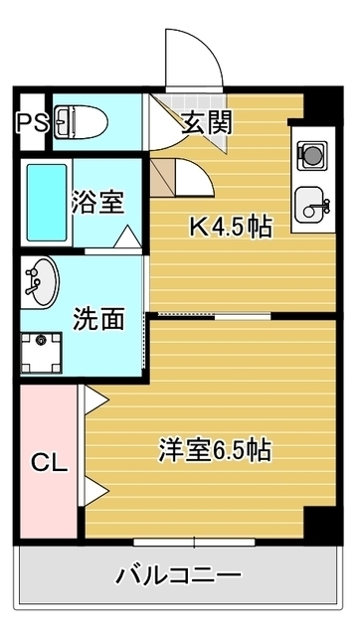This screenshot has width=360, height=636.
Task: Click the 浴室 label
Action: (x=96, y=202)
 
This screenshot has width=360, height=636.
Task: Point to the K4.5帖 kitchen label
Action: (x=232, y=227)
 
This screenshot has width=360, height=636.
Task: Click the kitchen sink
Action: (x=311, y=201)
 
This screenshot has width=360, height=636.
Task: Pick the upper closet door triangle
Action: (x=94, y=398)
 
